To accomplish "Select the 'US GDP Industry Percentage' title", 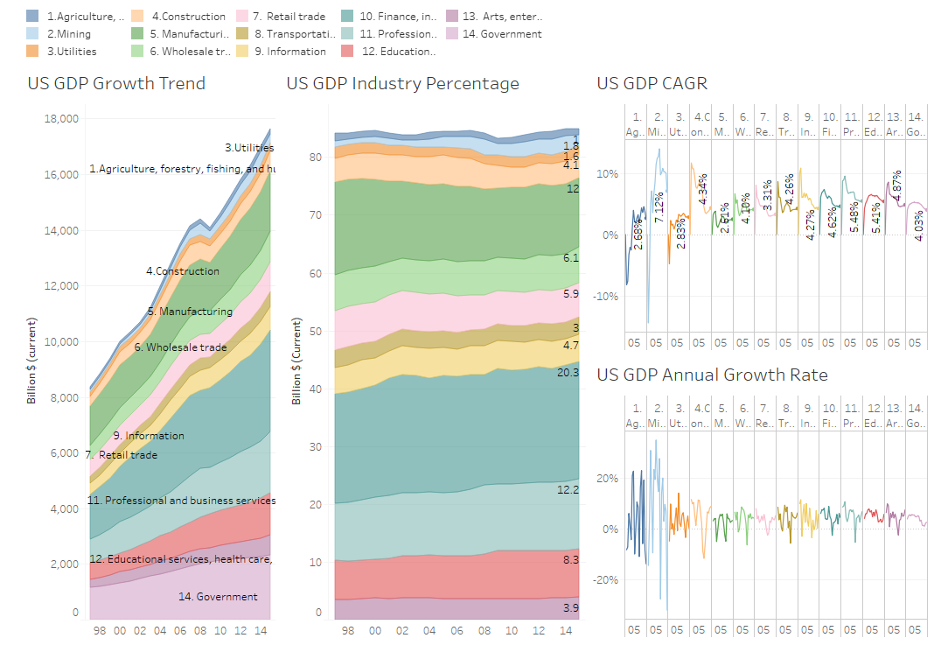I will (402, 84).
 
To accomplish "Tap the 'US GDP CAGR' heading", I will (652, 84).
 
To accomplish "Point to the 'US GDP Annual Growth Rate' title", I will (712, 375).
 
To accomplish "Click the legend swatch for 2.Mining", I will (32, 34).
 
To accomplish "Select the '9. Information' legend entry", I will (290, 52).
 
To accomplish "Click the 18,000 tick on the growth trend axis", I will (62, 119).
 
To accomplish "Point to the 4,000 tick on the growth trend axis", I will (65, 509).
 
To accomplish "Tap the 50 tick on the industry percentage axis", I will (317, 332).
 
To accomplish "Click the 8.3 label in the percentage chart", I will (570, 558).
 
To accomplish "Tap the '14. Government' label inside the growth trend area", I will (218, 597).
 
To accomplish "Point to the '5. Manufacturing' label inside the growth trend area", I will (190, 312).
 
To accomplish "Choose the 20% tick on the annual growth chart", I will (607, 479).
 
